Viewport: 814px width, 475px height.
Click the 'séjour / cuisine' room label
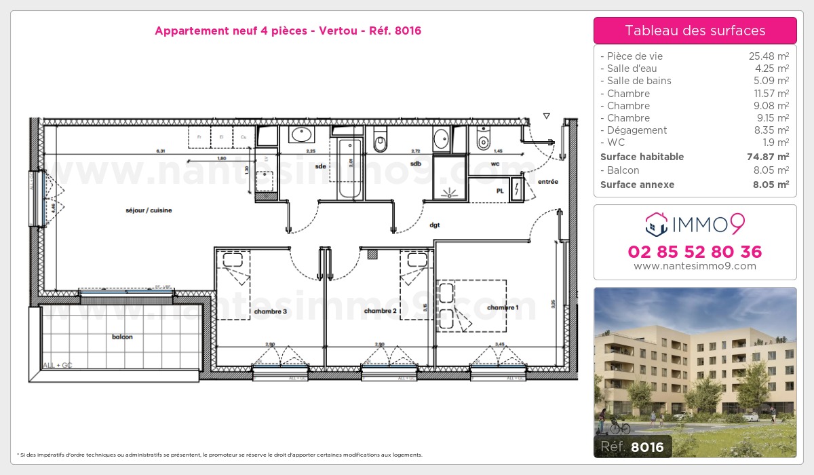[x=149, y=210]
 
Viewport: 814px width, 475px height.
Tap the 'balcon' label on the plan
[x=122, y=337]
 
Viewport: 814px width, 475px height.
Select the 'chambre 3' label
[x=270, y=311]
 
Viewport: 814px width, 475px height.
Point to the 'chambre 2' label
[x=380, y=311]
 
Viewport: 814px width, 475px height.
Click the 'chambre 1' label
[x=503, y=307]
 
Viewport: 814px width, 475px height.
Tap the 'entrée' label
[x=547, y=182]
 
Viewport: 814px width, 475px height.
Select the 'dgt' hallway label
[x=434, y=225]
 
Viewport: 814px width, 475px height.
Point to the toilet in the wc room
[x=484, y=140]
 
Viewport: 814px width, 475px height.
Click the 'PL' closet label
[x=500, y=191]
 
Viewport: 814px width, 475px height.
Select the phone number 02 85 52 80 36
[x=695, y=252]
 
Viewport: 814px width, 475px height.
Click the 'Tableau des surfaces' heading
[x=695, y=31]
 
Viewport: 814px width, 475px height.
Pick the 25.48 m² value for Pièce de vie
[x=768, y=56]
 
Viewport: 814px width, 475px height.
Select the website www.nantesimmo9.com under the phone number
[x=695, y=266]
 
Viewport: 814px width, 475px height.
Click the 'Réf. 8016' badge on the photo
[x=634, y=446]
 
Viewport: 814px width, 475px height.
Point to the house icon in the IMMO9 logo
[x=656, y=221]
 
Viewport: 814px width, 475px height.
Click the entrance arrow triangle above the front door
[x=546, y=116]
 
